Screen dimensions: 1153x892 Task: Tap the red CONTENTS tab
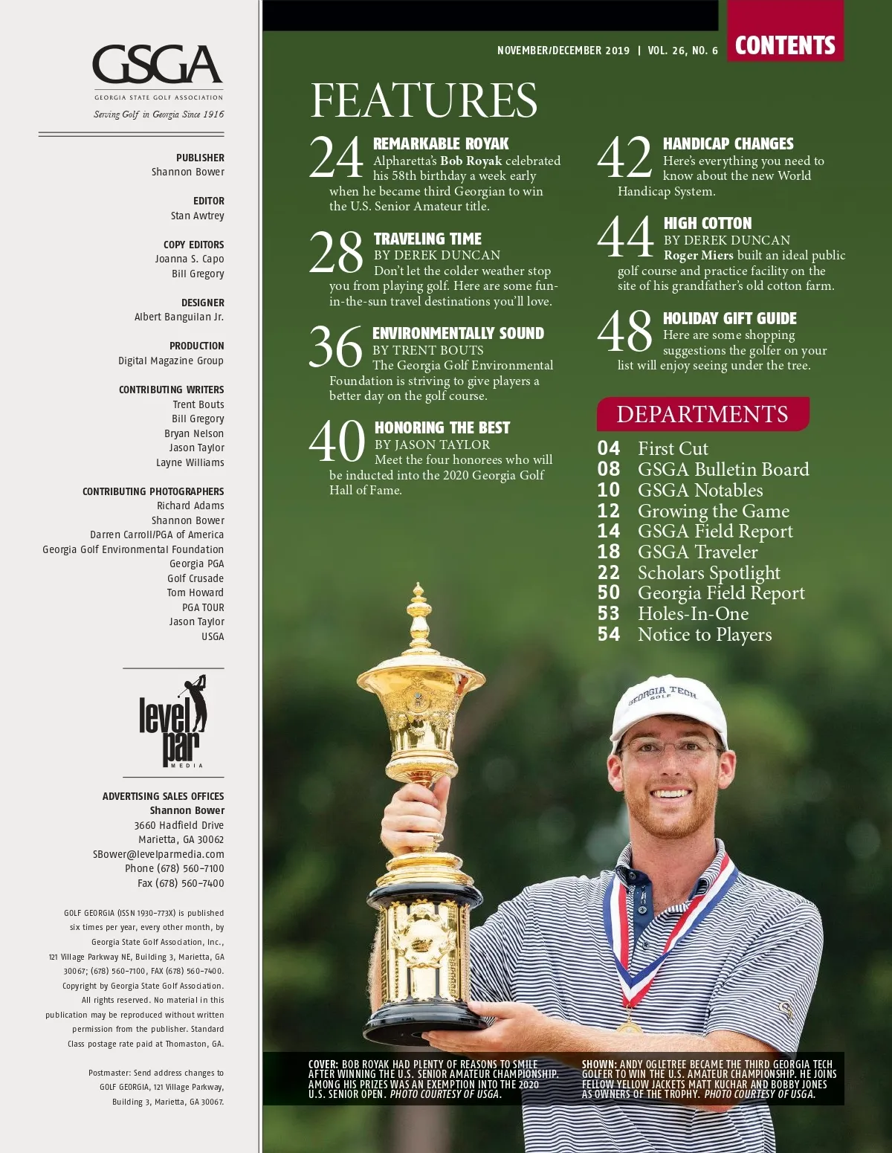[785, 45]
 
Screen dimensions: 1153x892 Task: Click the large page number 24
[336, 158]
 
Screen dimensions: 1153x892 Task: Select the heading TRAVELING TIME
[427, 239]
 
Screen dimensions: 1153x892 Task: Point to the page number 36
[336, 347]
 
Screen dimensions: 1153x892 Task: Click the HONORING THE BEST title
[442, 427]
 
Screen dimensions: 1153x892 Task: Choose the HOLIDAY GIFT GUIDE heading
[729, 318]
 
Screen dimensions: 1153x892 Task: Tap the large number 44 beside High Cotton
[626, 237]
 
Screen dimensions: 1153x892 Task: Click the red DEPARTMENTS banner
[702, 414]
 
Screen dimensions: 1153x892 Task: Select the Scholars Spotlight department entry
[708, 572]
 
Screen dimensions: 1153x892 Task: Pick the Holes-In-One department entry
[693, 613]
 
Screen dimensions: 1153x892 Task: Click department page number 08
[609, 469]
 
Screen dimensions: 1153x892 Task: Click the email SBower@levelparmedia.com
[158, 854]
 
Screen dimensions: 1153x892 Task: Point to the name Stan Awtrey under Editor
[197, 216]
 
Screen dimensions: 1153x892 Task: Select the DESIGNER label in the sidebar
[202, 303]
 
